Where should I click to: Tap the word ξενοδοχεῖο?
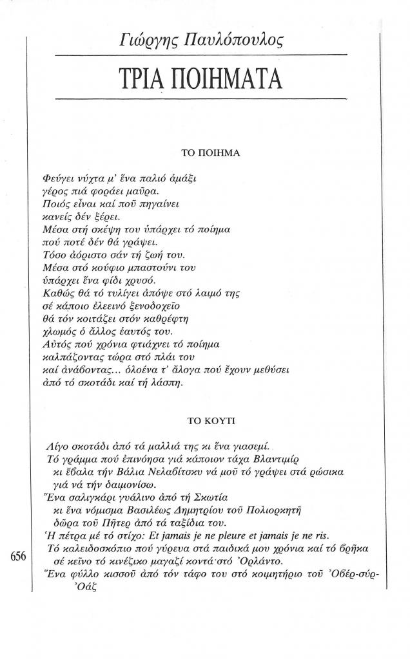coord(168,306)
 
